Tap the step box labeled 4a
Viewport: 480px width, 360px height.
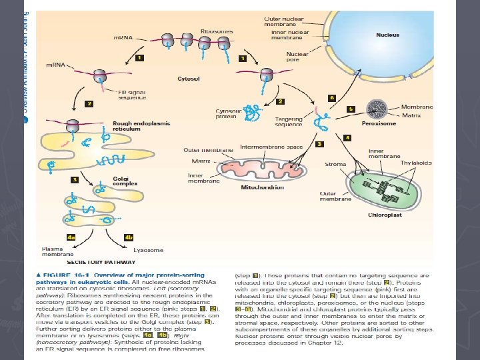click(x=71, y=237)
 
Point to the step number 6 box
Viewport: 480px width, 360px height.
click(x=331, y=97)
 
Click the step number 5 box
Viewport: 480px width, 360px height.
click(x=351, y=108)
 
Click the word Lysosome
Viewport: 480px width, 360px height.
click(x=148, y=250)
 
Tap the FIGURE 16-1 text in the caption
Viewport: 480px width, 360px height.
click(x=67, y=275)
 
